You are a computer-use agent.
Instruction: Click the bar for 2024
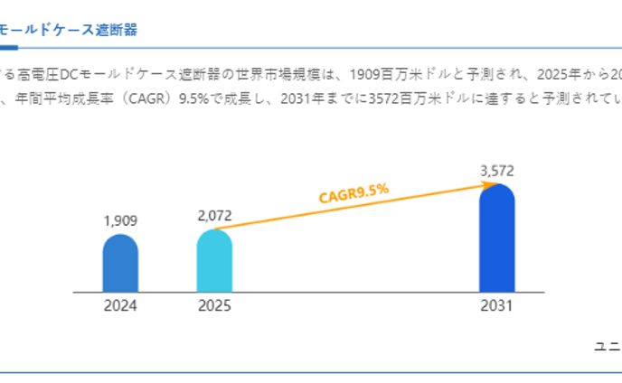pyautogui.click(x=120, y=264)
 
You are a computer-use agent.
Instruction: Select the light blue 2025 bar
pyautogui.click(x=214, y=261)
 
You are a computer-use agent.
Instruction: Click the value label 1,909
pyautogui.click(x=120, y=220)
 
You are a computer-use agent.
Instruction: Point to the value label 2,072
pyautogui.click(x=214, y=215)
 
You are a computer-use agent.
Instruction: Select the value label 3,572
pyautogui.click(x=496, y=170)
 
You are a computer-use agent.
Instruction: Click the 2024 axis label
pyautogui.click(x=120, y=306)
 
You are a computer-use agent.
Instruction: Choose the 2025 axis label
pyautogui.click(x=214, y=306)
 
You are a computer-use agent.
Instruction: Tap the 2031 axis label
pyautogui.click(x=496, y=306)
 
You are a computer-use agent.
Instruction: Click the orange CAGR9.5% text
pyautogui.click(x=353, y=192)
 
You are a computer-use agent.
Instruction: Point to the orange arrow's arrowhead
pyautogui.click(x=492, y=184)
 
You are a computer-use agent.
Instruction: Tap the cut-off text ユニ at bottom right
pyautogui.click(x=607, y=346)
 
